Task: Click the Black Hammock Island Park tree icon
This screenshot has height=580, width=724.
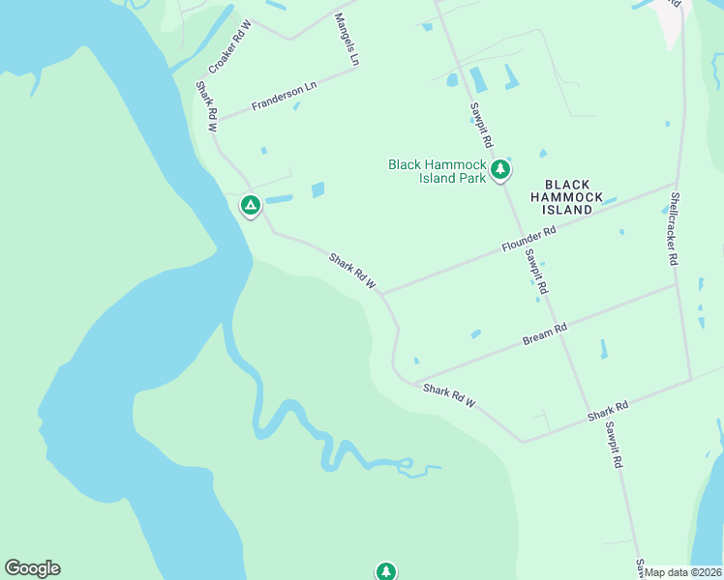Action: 499,171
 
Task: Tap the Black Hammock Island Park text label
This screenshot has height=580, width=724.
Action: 437,171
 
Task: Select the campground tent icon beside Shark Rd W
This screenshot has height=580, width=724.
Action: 250,205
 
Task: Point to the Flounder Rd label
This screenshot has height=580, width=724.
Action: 528,240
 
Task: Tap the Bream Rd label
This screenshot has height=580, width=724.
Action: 544,334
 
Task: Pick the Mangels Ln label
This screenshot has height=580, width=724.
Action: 347,40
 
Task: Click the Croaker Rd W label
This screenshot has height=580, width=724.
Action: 229,47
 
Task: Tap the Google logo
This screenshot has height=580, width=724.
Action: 32,568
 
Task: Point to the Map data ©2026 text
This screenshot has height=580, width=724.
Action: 683,572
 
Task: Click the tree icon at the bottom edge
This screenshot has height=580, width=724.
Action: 386,571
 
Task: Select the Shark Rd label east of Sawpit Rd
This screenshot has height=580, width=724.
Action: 608,411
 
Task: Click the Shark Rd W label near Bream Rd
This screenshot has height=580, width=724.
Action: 450,395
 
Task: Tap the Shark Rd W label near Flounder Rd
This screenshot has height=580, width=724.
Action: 352,273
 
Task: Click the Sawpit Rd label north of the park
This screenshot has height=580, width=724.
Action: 481,125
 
